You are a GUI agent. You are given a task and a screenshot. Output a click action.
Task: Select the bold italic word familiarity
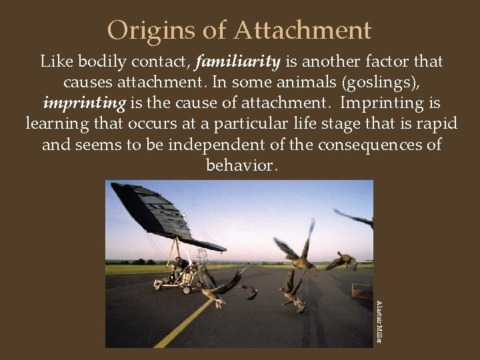239,62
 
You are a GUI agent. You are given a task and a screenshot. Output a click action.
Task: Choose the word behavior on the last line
239,165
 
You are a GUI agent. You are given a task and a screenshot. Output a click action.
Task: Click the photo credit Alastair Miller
379,321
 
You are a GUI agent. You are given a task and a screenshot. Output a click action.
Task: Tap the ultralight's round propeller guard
199,263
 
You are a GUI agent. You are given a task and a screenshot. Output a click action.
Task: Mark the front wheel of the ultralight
158,287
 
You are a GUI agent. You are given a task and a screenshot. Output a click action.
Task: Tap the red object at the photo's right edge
363,292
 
